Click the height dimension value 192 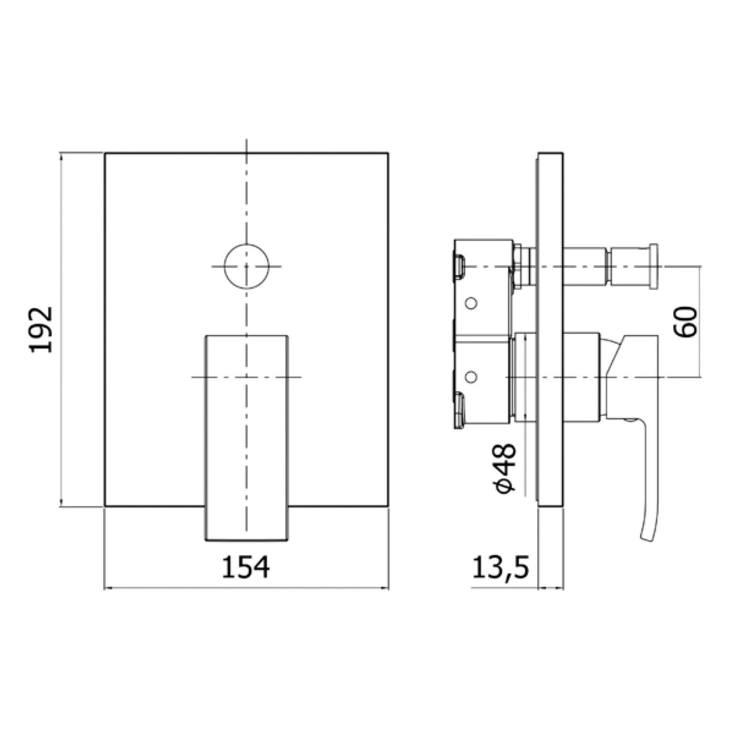(41, 329)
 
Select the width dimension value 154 (246, 567)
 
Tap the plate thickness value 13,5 (500, 567)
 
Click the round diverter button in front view (247, 266)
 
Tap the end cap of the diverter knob (654, 267)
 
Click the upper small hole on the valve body (471, 304)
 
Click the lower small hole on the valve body (471, 376)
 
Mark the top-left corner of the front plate (105, 153)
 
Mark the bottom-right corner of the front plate (388, 507)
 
